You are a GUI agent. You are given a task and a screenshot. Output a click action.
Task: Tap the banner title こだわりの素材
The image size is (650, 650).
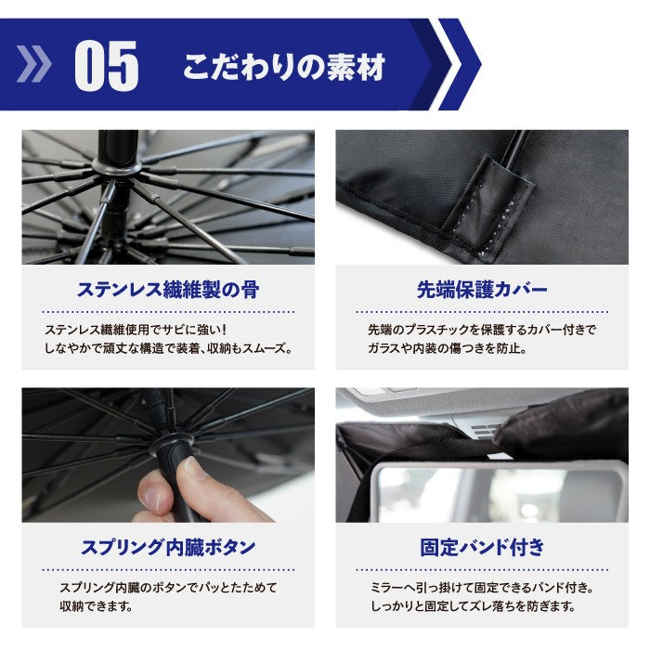point(283,67)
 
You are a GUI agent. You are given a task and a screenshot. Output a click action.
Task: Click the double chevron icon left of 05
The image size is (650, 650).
point(35,66)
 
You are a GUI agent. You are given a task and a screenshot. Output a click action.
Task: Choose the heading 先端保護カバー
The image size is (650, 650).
point(481,290)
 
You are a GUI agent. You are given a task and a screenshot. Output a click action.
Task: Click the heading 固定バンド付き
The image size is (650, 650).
point(482,547)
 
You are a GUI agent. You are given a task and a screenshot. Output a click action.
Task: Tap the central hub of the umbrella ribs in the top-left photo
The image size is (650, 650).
point(117,168)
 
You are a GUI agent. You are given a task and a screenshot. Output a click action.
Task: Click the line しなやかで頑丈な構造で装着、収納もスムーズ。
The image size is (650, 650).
point(168,349)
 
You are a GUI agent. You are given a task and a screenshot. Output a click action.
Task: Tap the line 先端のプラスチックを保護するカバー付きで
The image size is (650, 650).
point(481,331)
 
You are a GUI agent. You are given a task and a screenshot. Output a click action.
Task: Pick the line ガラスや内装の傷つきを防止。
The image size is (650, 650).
point(448,349)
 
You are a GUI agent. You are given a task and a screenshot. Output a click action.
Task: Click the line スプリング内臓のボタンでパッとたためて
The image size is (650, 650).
point(168,589)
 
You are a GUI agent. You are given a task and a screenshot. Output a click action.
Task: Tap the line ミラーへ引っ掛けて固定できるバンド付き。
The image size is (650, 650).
point(481,589)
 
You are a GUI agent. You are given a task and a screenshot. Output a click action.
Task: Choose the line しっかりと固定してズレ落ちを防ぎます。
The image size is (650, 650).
point(472,607)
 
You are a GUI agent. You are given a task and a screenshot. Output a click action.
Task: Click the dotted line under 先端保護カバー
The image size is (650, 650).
point(481,312)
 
